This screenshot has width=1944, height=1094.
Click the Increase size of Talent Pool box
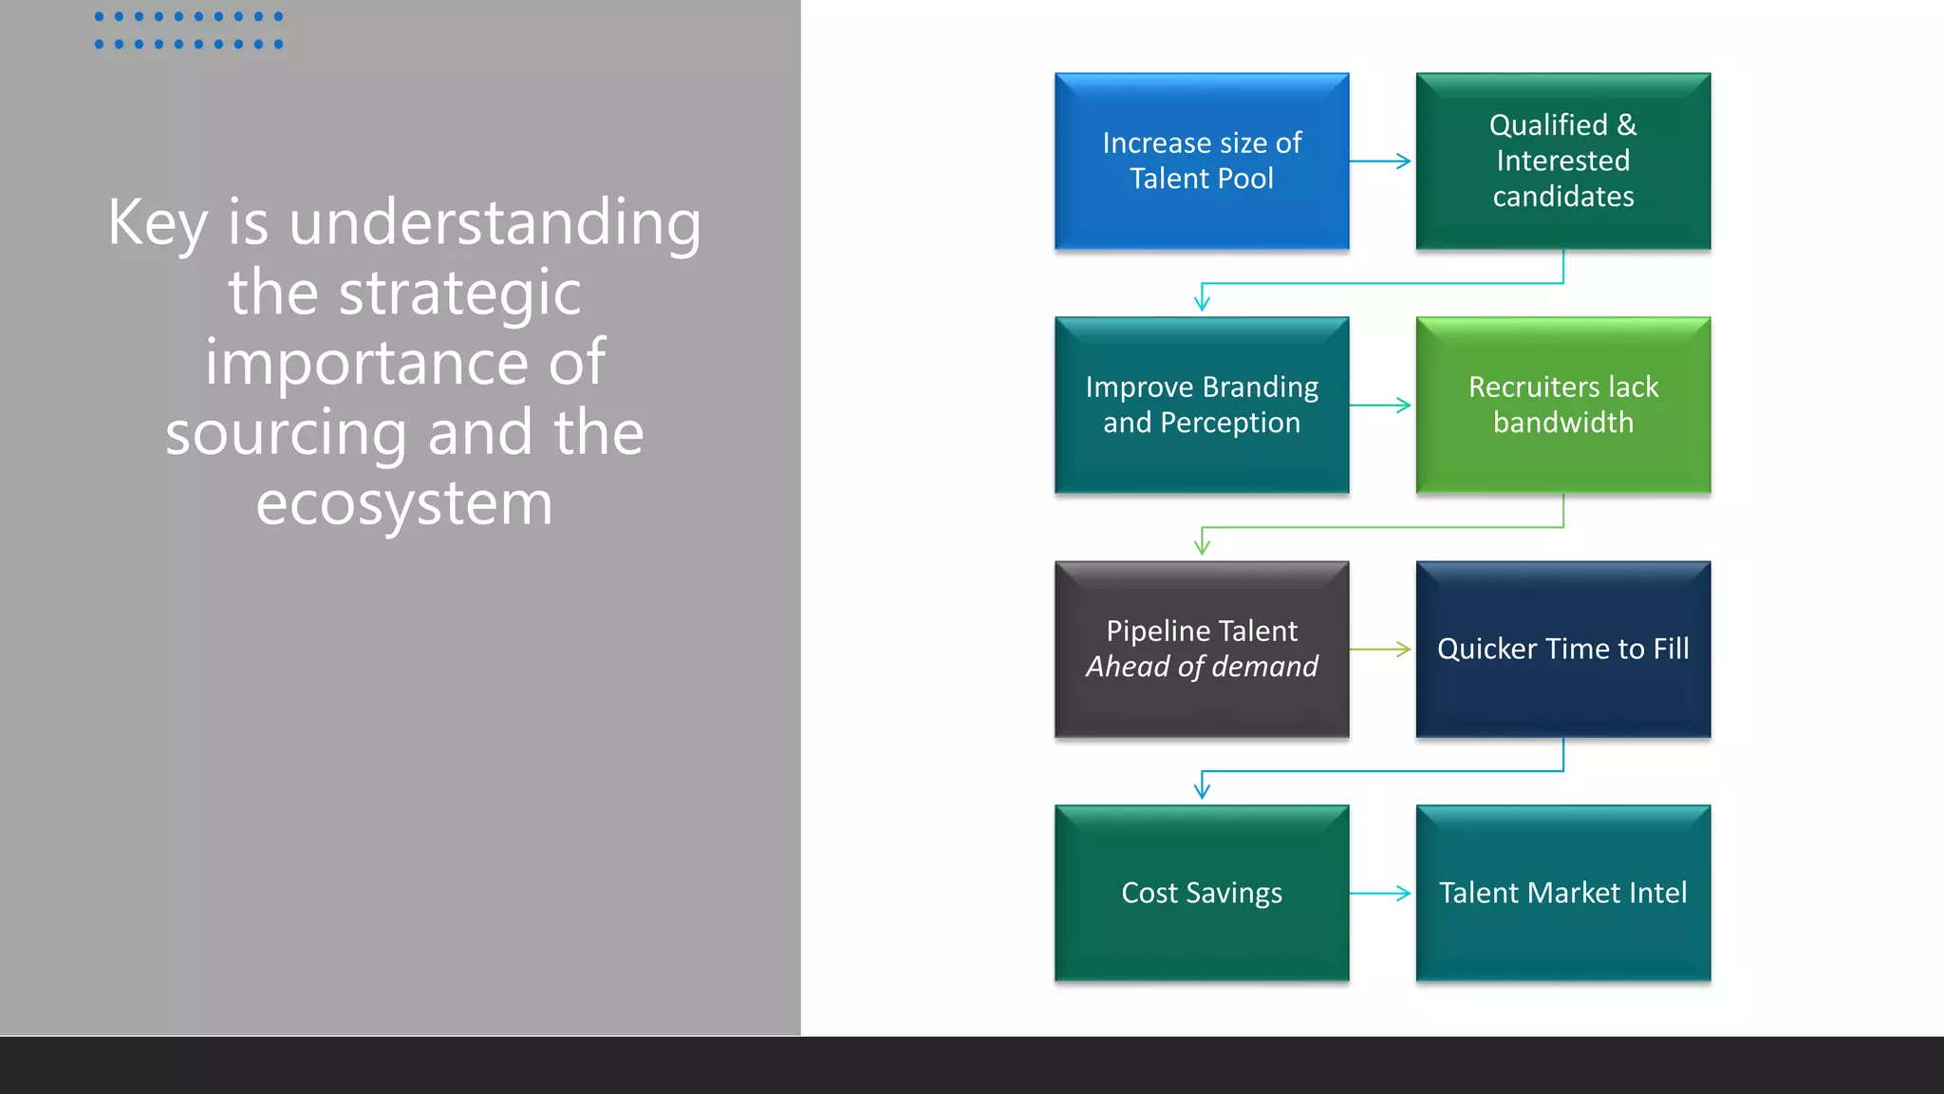[1202, 161]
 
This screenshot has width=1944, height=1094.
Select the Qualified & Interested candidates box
[1562, 161]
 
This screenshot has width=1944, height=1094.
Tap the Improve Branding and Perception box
[1202, 406]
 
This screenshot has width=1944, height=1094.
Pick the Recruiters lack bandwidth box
[1562, 406]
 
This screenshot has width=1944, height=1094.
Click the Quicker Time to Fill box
[1562, 650]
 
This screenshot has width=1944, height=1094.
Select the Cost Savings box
[1202, 894]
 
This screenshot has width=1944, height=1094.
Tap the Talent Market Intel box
[1562, 894]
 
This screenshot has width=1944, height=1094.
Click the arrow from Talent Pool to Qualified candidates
[1381, 161]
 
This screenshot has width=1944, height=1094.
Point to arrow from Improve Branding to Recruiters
[1381, 406]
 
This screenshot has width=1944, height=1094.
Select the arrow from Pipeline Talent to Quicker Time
[1381, 650]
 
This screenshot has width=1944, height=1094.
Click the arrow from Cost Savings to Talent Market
[1381, 894]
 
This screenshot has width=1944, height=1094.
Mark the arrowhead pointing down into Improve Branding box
[1202, 303]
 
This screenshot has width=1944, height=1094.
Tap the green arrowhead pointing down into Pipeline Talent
[1202, 547]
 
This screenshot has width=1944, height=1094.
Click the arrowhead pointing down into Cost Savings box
[1202, 791]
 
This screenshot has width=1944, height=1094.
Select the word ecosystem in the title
[404, 504]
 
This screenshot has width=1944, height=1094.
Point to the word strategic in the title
[459, 293]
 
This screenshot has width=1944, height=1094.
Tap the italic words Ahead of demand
[1202, 667]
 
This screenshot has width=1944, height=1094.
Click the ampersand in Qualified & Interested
[1627, 125]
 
